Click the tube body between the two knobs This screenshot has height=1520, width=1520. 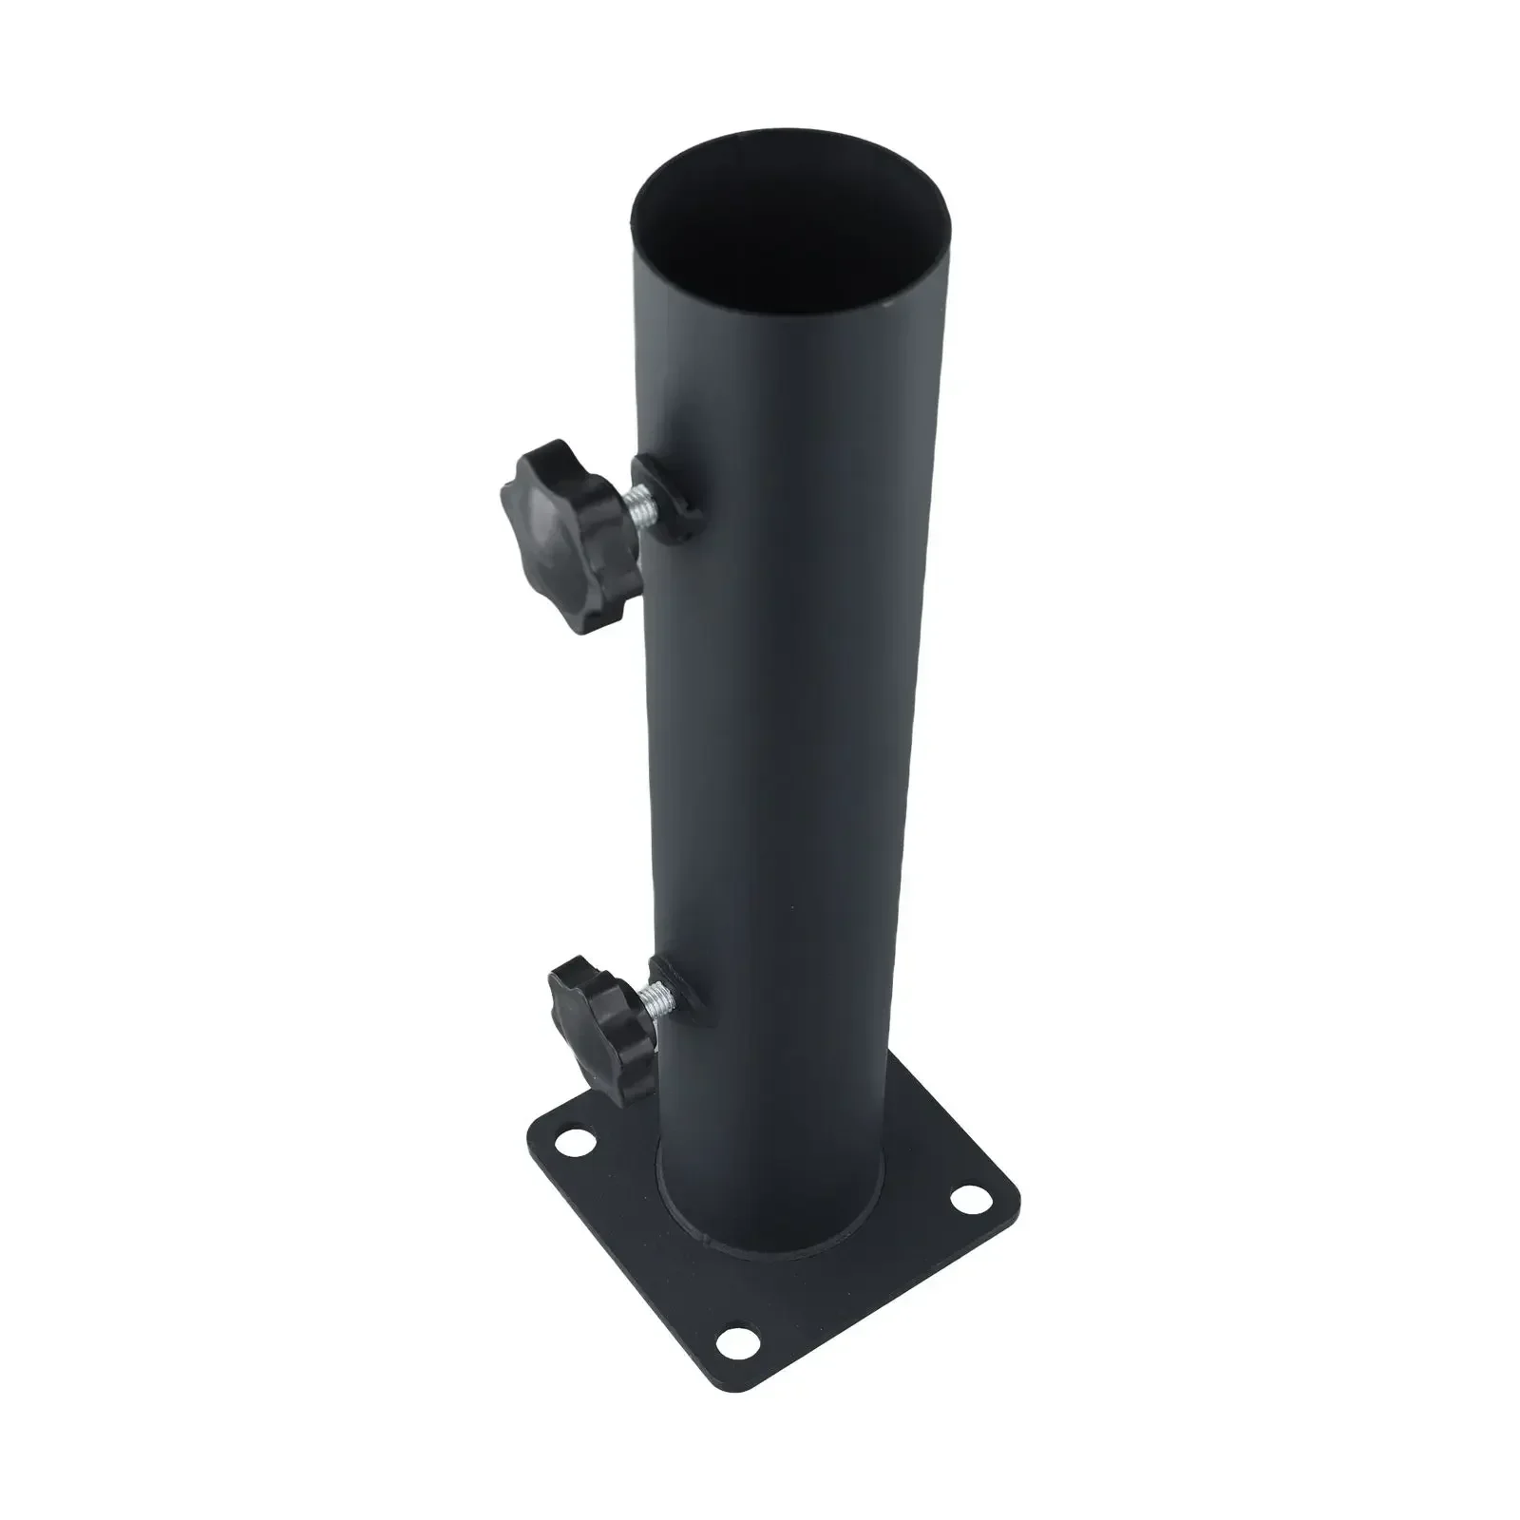pos(779,760)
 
